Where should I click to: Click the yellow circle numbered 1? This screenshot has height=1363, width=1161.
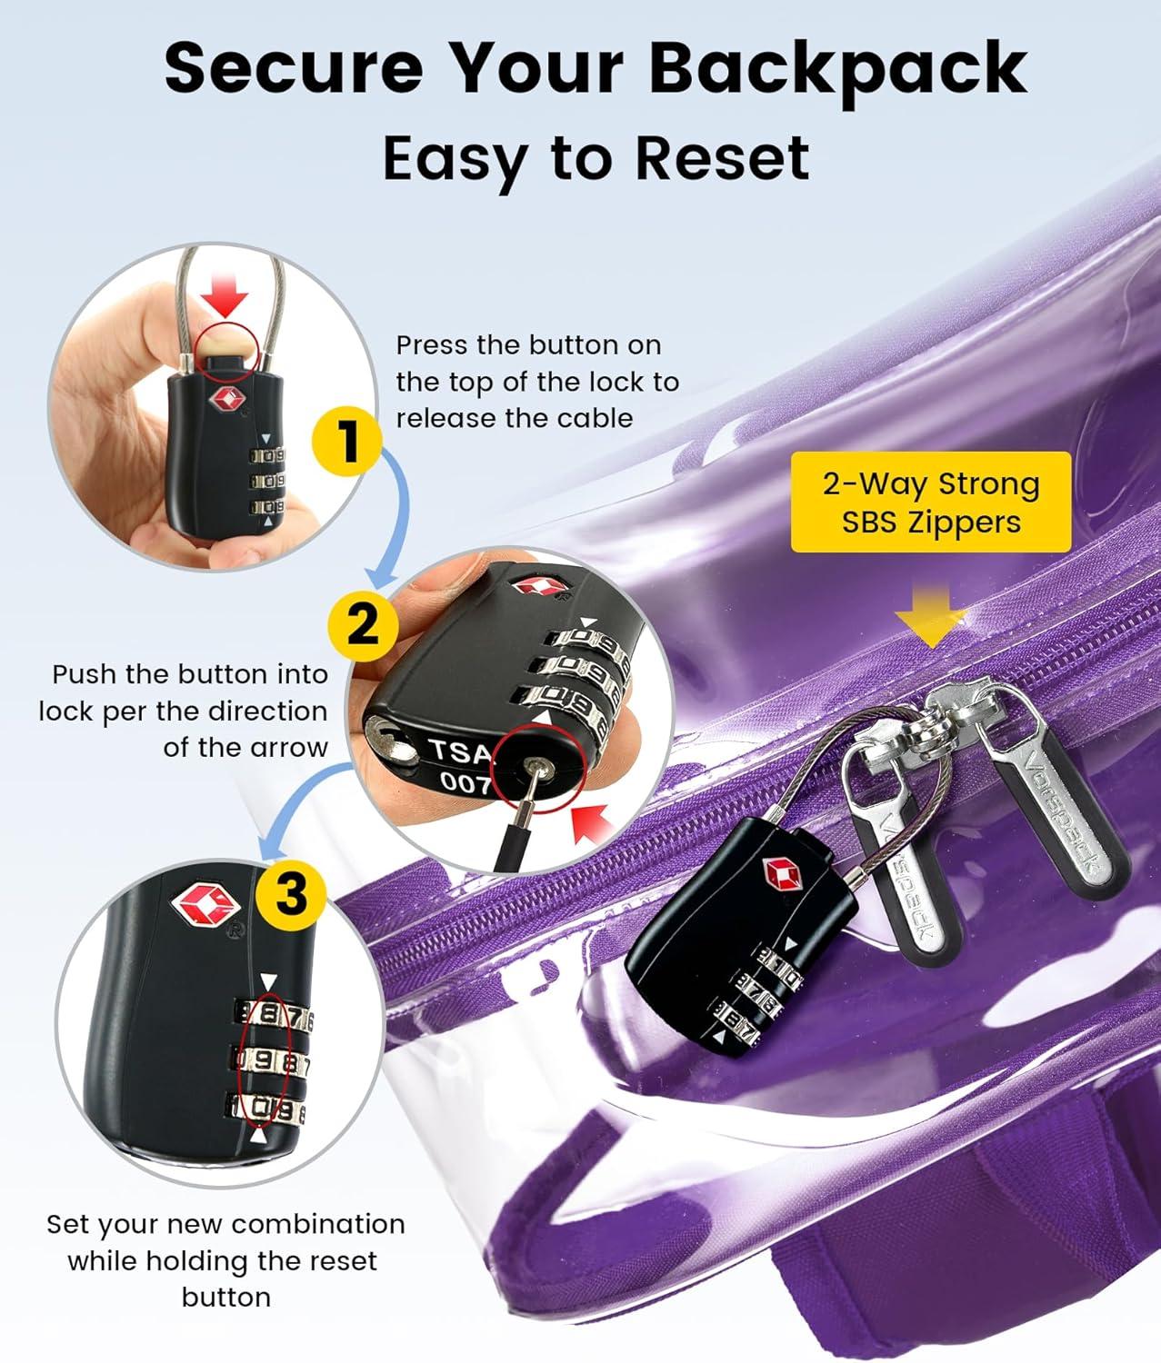346,442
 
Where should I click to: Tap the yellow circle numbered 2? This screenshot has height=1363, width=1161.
364,625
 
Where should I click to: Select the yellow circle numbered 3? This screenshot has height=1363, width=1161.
291,895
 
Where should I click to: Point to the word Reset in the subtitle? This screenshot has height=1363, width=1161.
722,159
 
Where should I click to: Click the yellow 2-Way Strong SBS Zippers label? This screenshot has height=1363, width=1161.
931,502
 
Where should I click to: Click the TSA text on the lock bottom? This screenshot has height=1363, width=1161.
460,751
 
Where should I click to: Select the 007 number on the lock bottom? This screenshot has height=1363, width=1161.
465,782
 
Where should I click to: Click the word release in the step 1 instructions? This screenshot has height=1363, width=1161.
445,418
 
